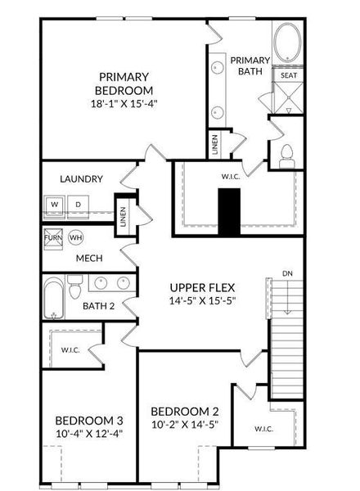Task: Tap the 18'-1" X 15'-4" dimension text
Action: pyautogui.click(x=123, y=104)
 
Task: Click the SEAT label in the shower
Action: pyautogui.click(x=289, y=75)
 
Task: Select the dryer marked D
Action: pyautogui.click(x=79, y=204)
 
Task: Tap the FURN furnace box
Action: pyautogui.click(x=52, y=237)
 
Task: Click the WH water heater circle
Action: pyautogui.click(x=76, y=237)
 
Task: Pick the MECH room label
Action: pyautogui.click(x=88, y=259)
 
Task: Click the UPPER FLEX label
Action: pyautogui.click(x=202, y=287)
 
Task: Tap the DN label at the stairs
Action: pyautogui.click(x=286, y=273)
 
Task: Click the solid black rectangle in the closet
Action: pyautogui.click(x=229, y=212)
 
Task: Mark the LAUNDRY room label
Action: pyautogui.click(x=81, y=178)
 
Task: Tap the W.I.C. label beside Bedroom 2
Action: pyautogui.click(x=263, y=428)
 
